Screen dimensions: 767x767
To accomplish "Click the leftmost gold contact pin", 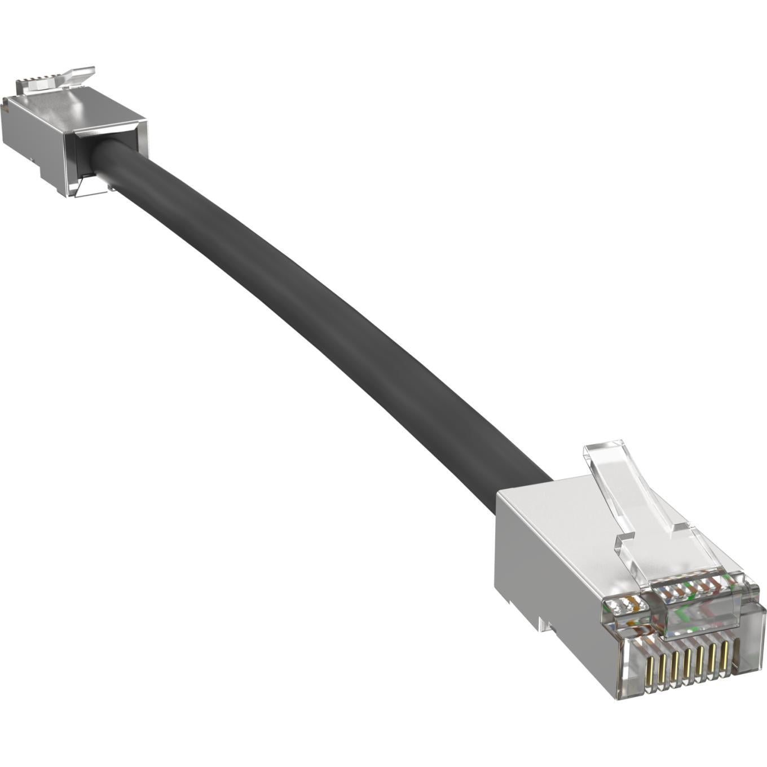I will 649,672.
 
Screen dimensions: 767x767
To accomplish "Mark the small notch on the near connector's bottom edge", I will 543,623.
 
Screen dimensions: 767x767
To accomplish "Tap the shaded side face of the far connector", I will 34,141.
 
